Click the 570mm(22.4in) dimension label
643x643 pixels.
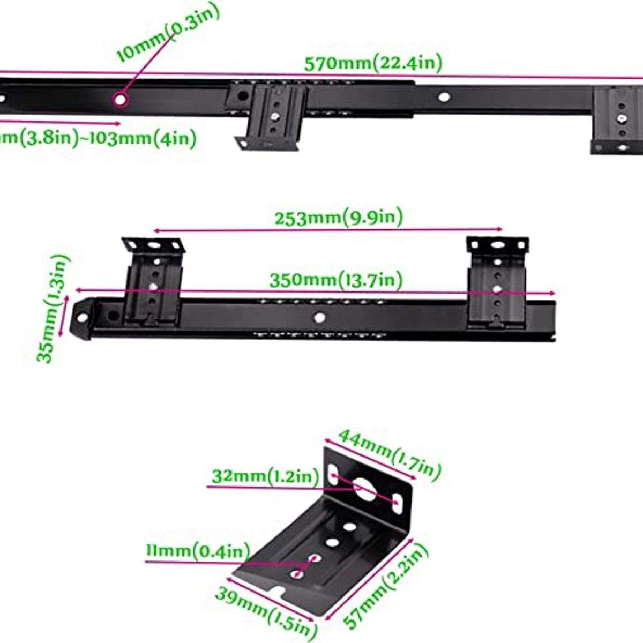[373, 63]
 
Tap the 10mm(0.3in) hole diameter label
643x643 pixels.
[168, 34]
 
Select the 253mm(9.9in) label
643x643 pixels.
[338, 218]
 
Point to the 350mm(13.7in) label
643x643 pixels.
[335, 280]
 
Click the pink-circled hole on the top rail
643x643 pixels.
[121, 100]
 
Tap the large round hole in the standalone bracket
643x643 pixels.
[365, 489]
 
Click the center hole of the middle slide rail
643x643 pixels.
[319, 317]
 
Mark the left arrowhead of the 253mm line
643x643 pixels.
[156, 231]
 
